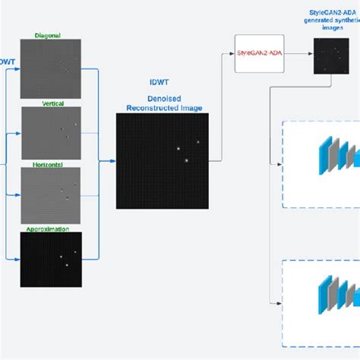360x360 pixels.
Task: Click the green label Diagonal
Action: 48,36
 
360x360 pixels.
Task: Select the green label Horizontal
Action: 48,163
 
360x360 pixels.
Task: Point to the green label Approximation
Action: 48,229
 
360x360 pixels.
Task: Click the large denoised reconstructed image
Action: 162,159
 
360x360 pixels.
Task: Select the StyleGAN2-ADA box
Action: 258,54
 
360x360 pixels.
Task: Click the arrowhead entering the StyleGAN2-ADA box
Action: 232,54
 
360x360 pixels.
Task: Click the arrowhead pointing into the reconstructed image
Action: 112,161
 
